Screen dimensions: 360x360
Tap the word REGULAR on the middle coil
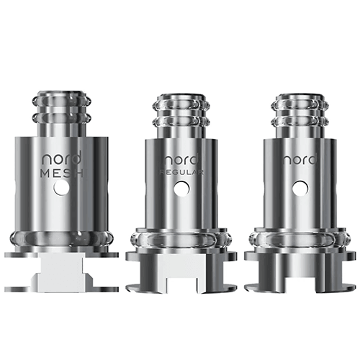coord(183,173)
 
